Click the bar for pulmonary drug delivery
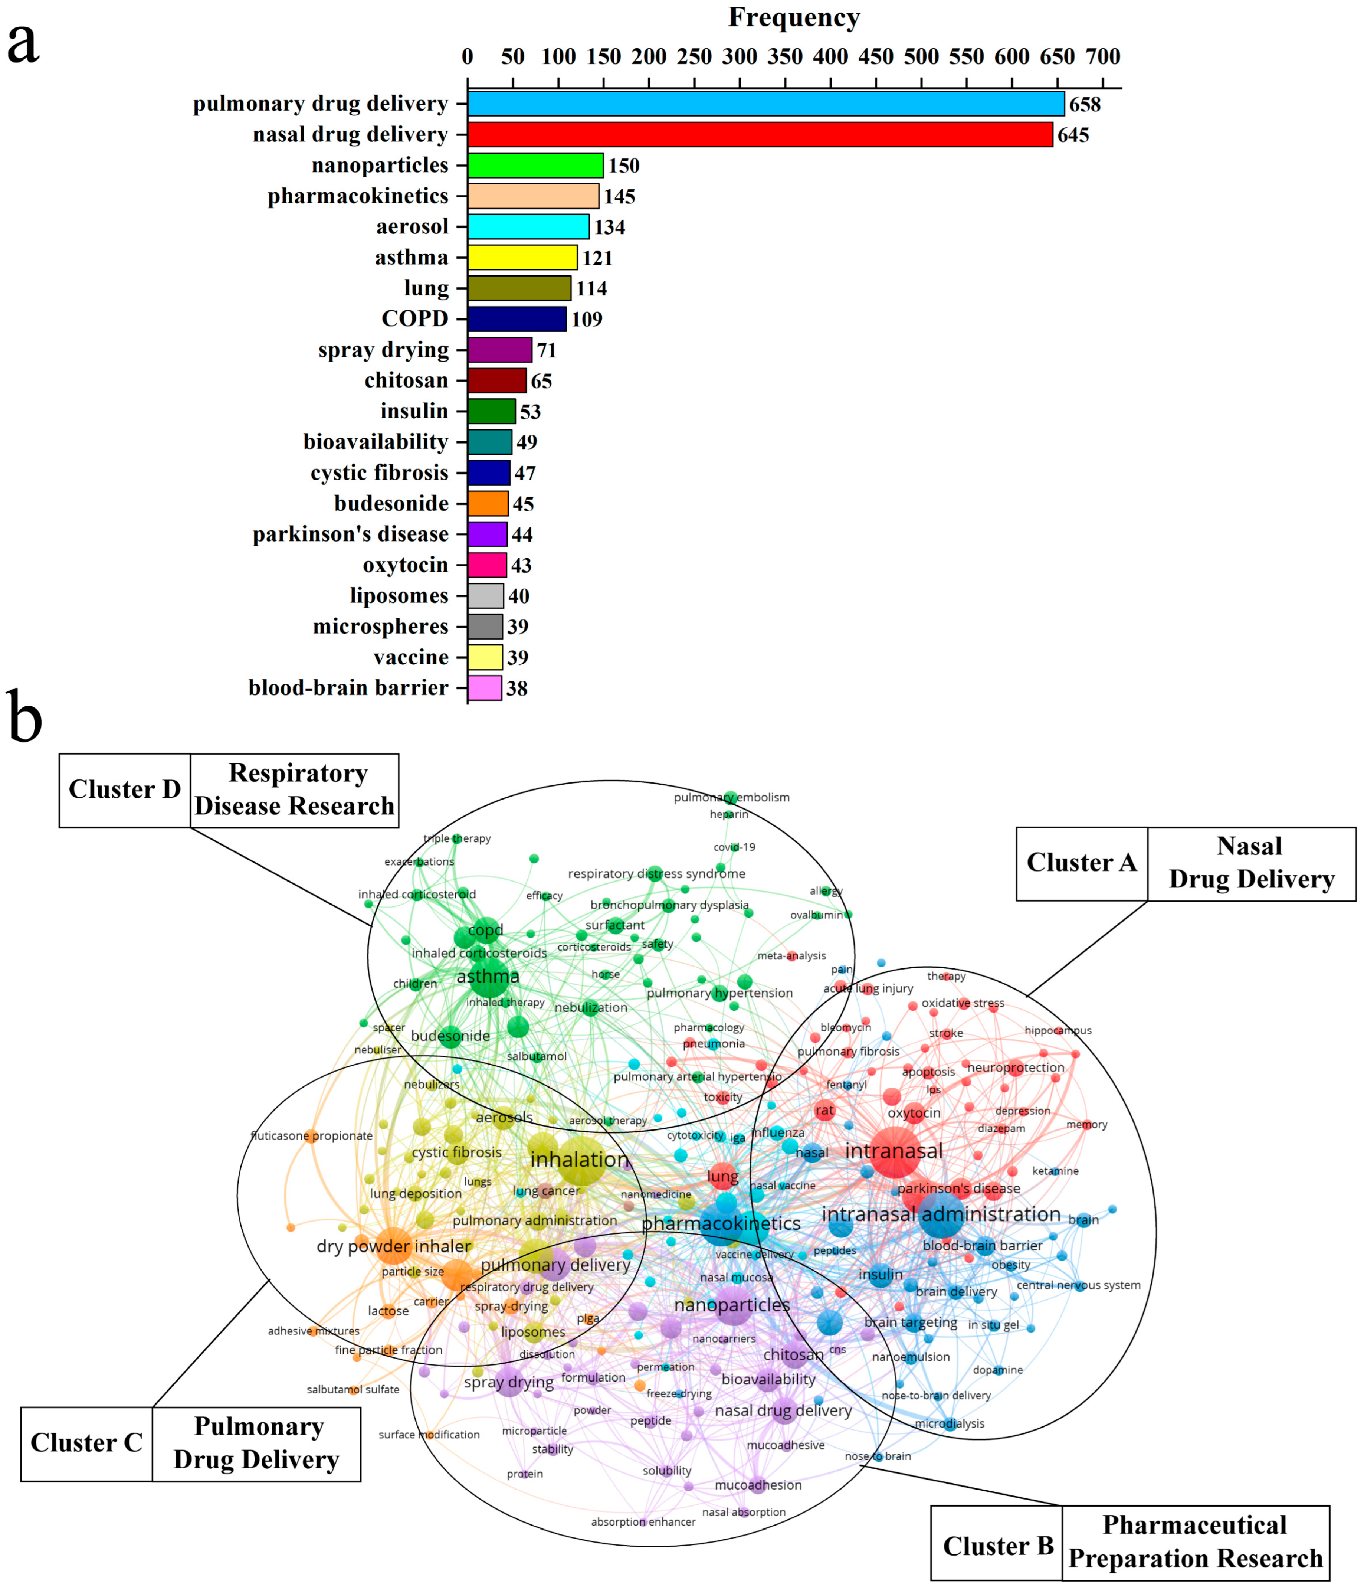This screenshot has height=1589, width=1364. (x=765, y=104)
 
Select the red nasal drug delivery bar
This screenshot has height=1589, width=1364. (x=759, y=134)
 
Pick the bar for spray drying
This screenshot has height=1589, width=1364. (x=499, y=350)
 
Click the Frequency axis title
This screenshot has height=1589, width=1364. (x=794, y=17)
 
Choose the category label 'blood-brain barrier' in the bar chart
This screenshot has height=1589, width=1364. (x=348, y=688)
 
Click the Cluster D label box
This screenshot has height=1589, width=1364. (x=124, y=790)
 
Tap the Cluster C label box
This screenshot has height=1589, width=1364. (x=86, y=1442)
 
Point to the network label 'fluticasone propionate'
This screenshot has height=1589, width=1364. (x=311, y=1136)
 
